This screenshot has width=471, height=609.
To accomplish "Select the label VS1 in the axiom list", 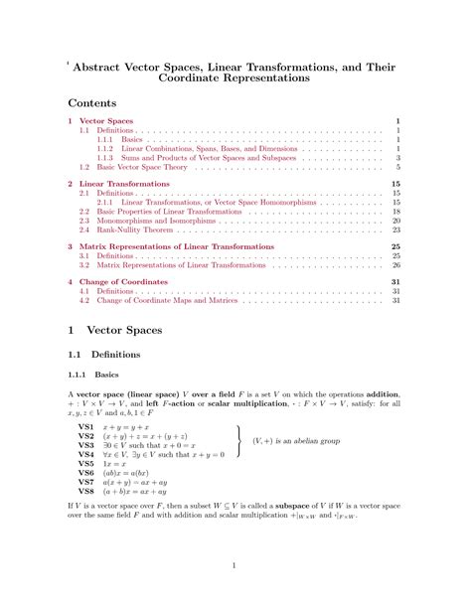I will coord(86,426).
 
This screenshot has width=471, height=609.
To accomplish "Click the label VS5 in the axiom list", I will coord(86,464).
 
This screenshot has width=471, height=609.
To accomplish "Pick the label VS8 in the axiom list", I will coord(86,491).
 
